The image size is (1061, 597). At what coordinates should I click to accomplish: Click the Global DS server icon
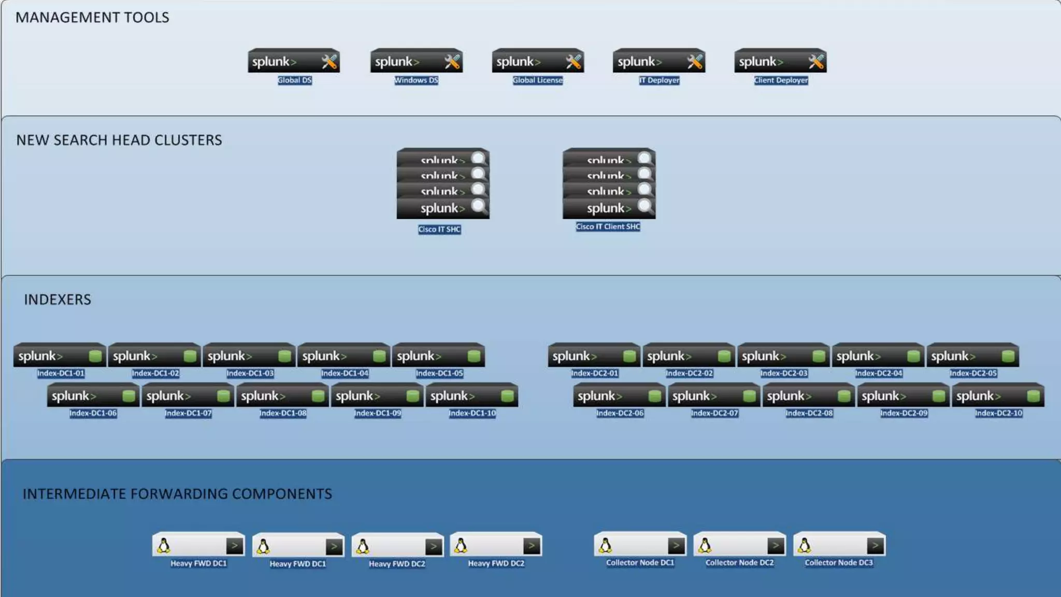294,61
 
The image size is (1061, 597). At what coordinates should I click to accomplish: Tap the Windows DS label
416,80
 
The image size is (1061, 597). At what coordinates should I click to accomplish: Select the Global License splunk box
538,61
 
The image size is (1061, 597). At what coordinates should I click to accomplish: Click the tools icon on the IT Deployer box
694,62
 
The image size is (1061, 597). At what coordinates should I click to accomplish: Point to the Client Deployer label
781,80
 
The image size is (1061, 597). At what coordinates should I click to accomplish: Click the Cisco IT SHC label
439,229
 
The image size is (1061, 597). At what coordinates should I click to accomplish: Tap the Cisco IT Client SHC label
608,226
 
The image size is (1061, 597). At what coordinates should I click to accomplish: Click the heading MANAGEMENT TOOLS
92,18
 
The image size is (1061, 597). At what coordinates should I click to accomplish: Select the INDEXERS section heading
58,300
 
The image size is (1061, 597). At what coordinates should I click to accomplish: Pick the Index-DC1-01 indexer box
60,356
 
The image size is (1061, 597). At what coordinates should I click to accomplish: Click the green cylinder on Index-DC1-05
474,356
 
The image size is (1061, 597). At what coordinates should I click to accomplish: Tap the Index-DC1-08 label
283,413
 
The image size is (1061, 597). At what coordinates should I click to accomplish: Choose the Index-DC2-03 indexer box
783,356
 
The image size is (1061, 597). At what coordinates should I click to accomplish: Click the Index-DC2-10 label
998,413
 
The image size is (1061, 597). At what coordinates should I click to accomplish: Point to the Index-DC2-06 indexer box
619,395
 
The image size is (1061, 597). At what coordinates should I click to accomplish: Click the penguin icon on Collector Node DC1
605,545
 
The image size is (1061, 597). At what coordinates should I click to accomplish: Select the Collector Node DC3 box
839,545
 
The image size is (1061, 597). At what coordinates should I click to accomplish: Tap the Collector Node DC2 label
739,563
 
